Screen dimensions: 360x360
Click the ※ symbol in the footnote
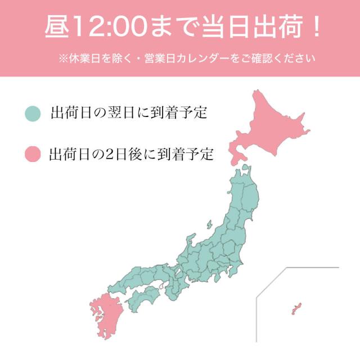coord(62,58)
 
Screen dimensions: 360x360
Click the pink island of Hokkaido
coord(270,127)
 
